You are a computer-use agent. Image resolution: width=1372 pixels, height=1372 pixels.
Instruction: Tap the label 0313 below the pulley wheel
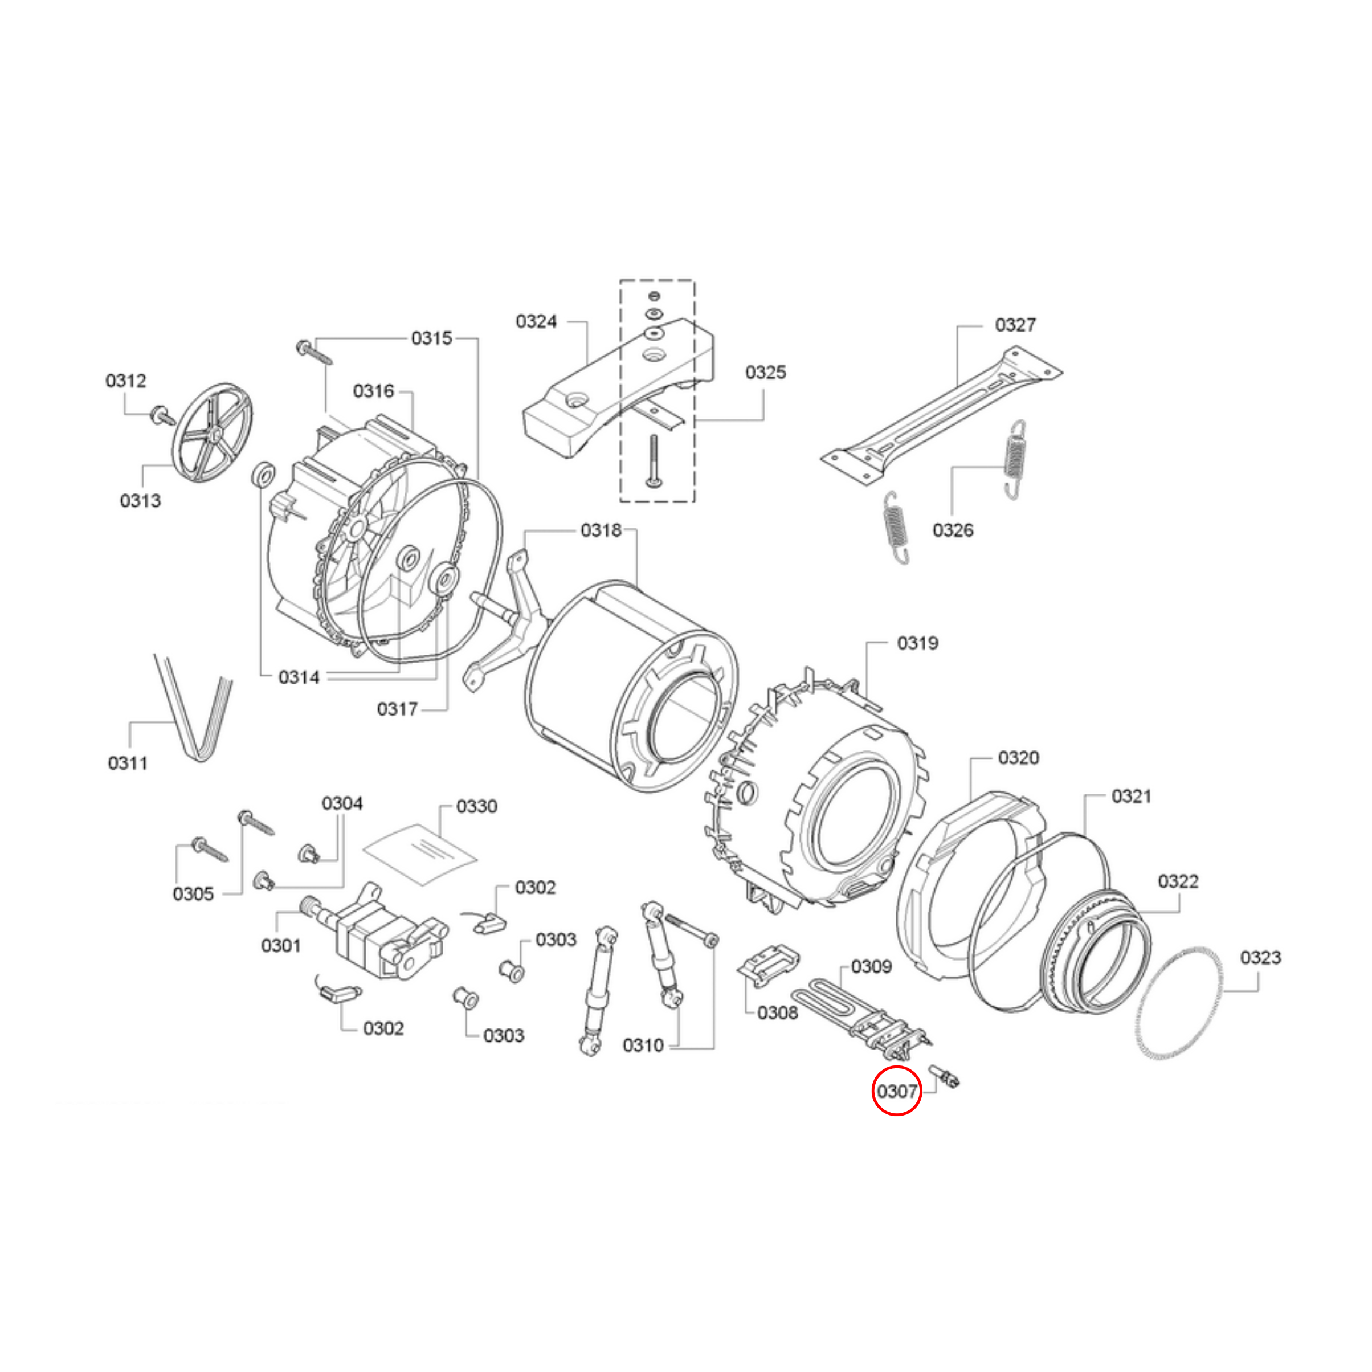(141, 501)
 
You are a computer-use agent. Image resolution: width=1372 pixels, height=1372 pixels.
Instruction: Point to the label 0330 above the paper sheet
(476, 806)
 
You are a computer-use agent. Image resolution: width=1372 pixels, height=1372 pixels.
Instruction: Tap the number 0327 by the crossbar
(1015, 325)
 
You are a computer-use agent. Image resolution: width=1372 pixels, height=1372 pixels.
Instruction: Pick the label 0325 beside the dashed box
(766, 372)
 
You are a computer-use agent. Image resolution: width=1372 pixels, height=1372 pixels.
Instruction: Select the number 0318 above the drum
(601, 530)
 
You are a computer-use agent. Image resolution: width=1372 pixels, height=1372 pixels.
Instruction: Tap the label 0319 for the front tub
(917, 643)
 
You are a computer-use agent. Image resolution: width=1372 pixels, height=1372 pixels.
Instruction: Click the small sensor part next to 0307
(945, 1077)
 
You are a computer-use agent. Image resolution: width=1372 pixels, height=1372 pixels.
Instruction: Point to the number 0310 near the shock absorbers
(643, 1046)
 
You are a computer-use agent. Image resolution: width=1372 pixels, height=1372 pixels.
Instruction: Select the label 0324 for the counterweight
(536, 322)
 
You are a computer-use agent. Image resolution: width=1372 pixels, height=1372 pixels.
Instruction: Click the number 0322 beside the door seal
(1178, 881)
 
